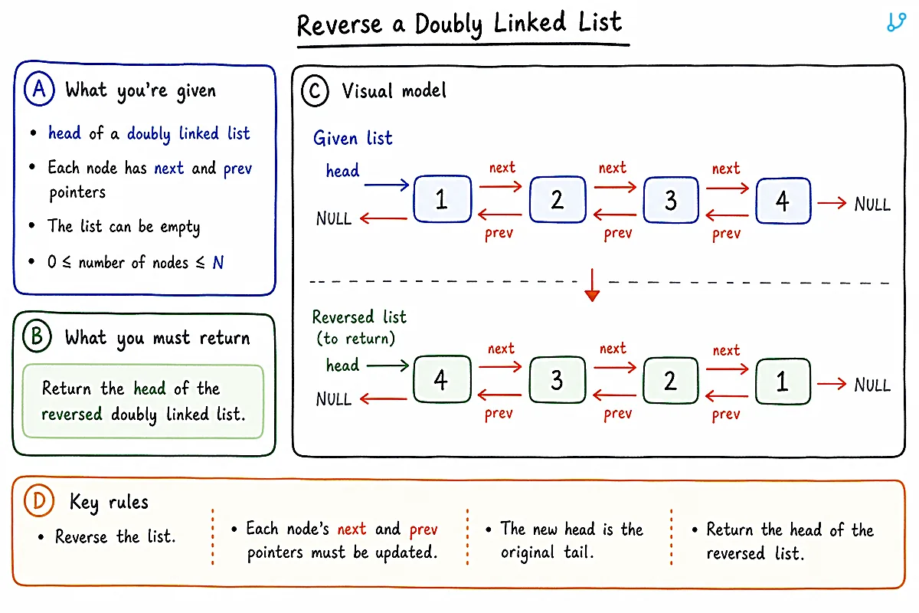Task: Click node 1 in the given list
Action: coord(443,199)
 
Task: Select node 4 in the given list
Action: coord(783,201)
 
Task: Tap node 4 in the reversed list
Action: coord(443,379)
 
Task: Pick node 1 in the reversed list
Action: coord(783,382)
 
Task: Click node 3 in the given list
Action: coord(671,200)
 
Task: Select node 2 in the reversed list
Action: coord(670,381)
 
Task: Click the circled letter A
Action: coord(39,89)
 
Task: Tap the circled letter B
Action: coord(37,336)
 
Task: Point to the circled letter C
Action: coord(315,91)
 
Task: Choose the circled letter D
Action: coord(39,500)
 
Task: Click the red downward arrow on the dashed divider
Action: coord(592,285)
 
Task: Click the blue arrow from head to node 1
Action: coord(387,185)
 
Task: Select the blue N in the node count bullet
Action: coord(218,262)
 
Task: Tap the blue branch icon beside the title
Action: coord(896,21)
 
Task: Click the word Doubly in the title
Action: coord(449,25)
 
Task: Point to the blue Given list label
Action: coord(353,138)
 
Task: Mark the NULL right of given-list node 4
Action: coord(872,204)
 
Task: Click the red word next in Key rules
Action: coord(352,529)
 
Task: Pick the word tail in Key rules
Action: coord(578,552)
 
